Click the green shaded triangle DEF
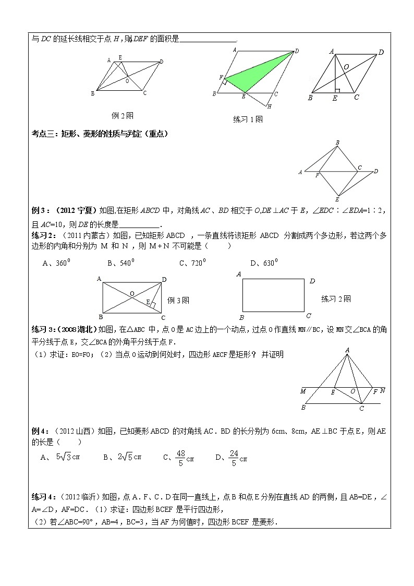pyautogui.click(x=255, y=73)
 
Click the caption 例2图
pyautogui.click(x=123, y=115)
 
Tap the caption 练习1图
pyautogui.click(x=248, y=119)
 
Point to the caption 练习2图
pyautogui.click(x=336, y=298)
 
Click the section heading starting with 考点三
pyautogui.click(x=99, y=134)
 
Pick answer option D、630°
pyautogui.click(x=263, y=263)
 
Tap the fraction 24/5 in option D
pyautogui.click(x=234, y=458)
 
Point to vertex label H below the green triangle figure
pyautogui.click(x=269, y=106)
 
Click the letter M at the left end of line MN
pyautogui.click(x=303, y=391)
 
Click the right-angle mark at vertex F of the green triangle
pyautogui.click(x=224, y=81)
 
